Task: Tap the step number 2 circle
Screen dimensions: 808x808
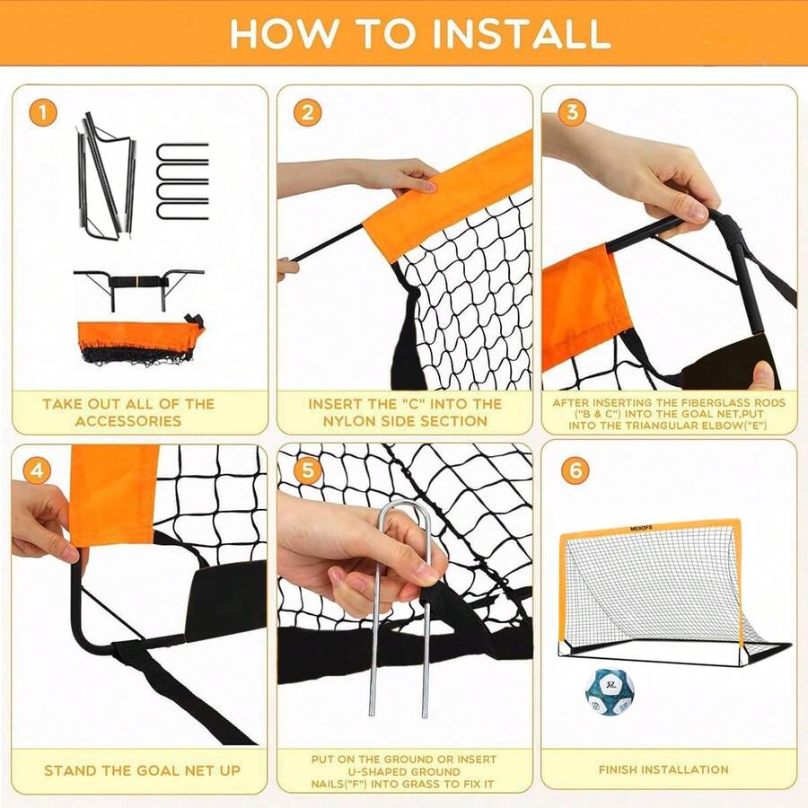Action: point(307,113)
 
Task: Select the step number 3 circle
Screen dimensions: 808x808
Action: point(572,113)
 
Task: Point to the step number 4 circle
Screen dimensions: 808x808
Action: point(36,470)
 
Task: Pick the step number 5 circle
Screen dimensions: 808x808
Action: point(307,470)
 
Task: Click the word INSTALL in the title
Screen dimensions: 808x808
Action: point(520,33)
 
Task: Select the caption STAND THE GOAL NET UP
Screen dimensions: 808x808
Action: point(142,770)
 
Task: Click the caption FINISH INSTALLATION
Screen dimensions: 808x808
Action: point(663,769)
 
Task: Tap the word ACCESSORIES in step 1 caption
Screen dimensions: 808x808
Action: point(128,420)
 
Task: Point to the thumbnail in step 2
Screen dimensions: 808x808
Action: point(428,184)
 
